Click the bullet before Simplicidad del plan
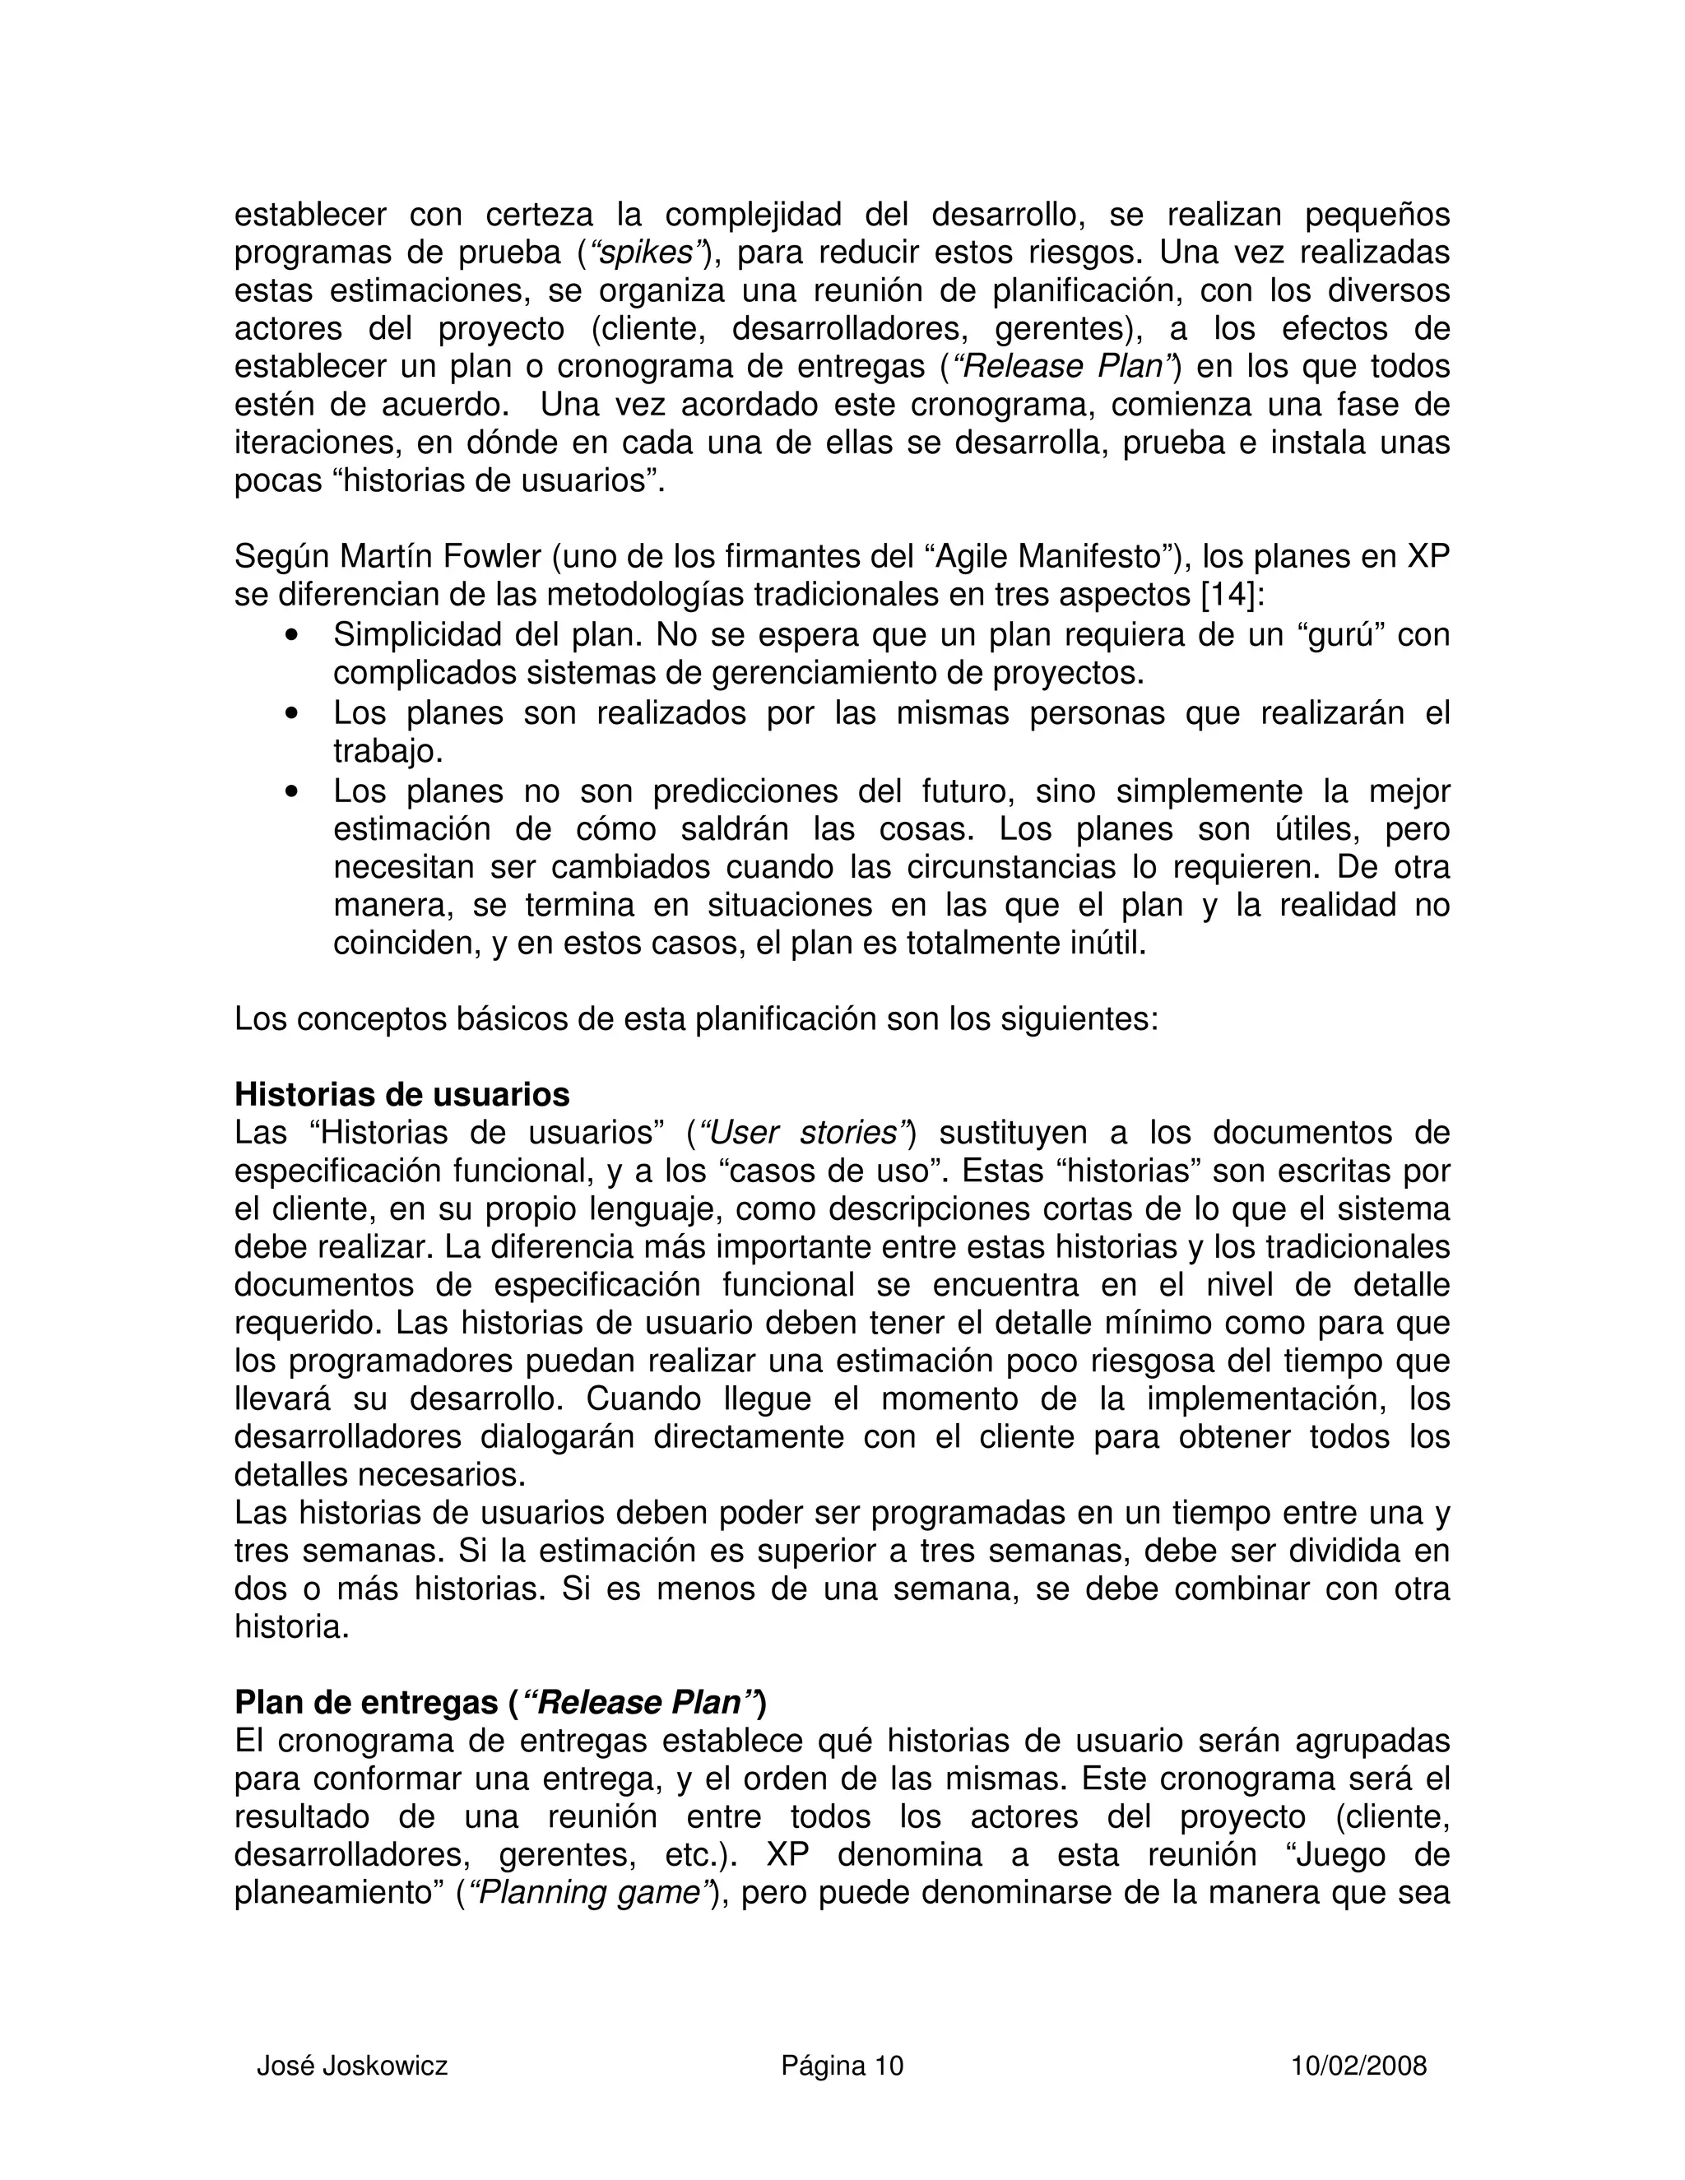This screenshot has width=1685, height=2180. point(292,636)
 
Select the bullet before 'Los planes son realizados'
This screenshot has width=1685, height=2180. point(292,715)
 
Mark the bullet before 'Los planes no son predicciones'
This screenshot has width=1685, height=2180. point(292,792)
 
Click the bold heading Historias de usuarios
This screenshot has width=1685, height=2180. point(402,1094)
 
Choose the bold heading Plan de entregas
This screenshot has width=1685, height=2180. point(365,1702)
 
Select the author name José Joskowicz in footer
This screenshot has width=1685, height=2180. point(351,2065)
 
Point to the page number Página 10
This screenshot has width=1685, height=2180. point(842,2065)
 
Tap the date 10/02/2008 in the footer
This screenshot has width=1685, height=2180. point(1358,2065)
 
